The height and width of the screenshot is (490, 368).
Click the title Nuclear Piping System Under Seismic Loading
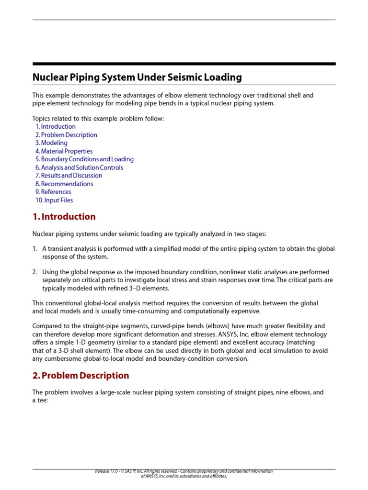(x=137, y=77)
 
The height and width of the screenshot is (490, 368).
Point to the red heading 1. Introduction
(x=64, y=217)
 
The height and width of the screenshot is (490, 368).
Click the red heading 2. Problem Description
(x=80, y=376)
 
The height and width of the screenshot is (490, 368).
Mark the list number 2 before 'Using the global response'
(x=34, y=272)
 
